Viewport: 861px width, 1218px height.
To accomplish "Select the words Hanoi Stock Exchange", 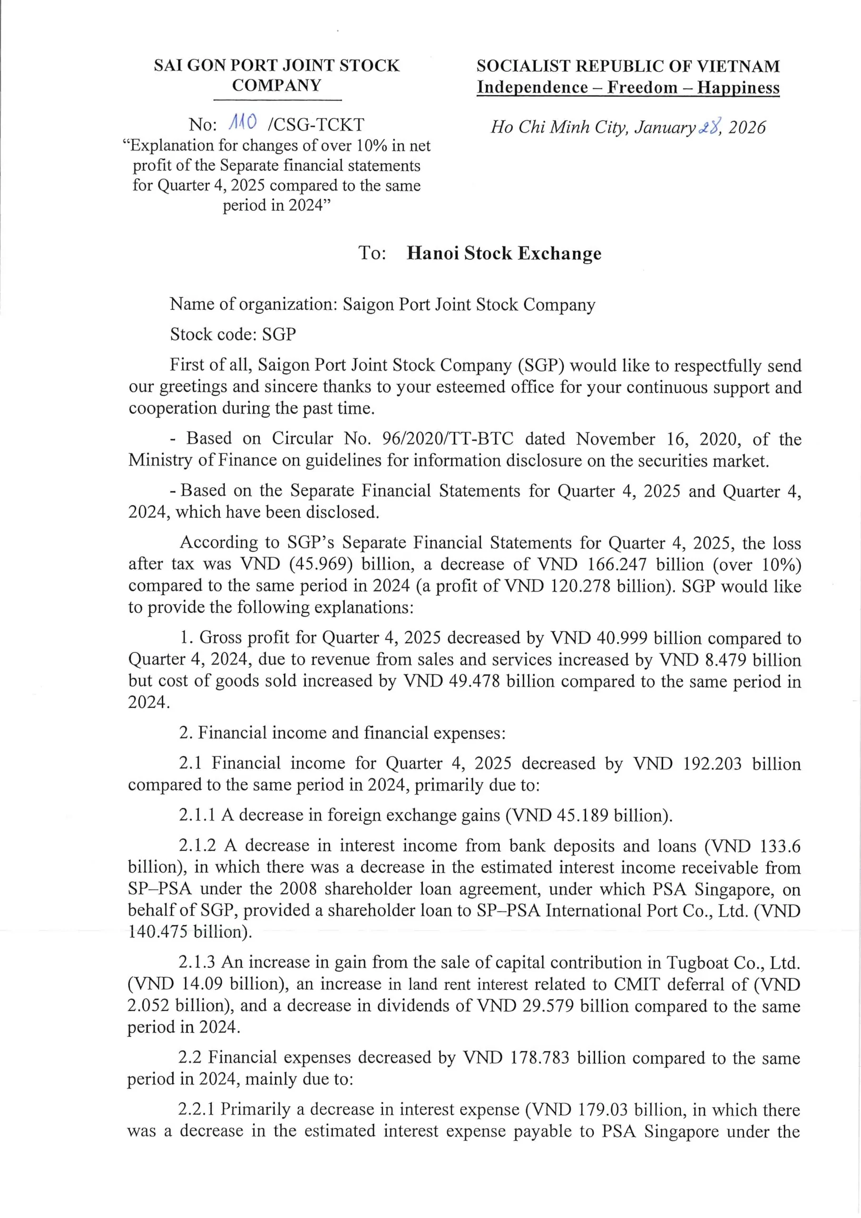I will (x=503, y=253).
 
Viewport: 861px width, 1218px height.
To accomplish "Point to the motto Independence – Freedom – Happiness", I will (x=627, y=88).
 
